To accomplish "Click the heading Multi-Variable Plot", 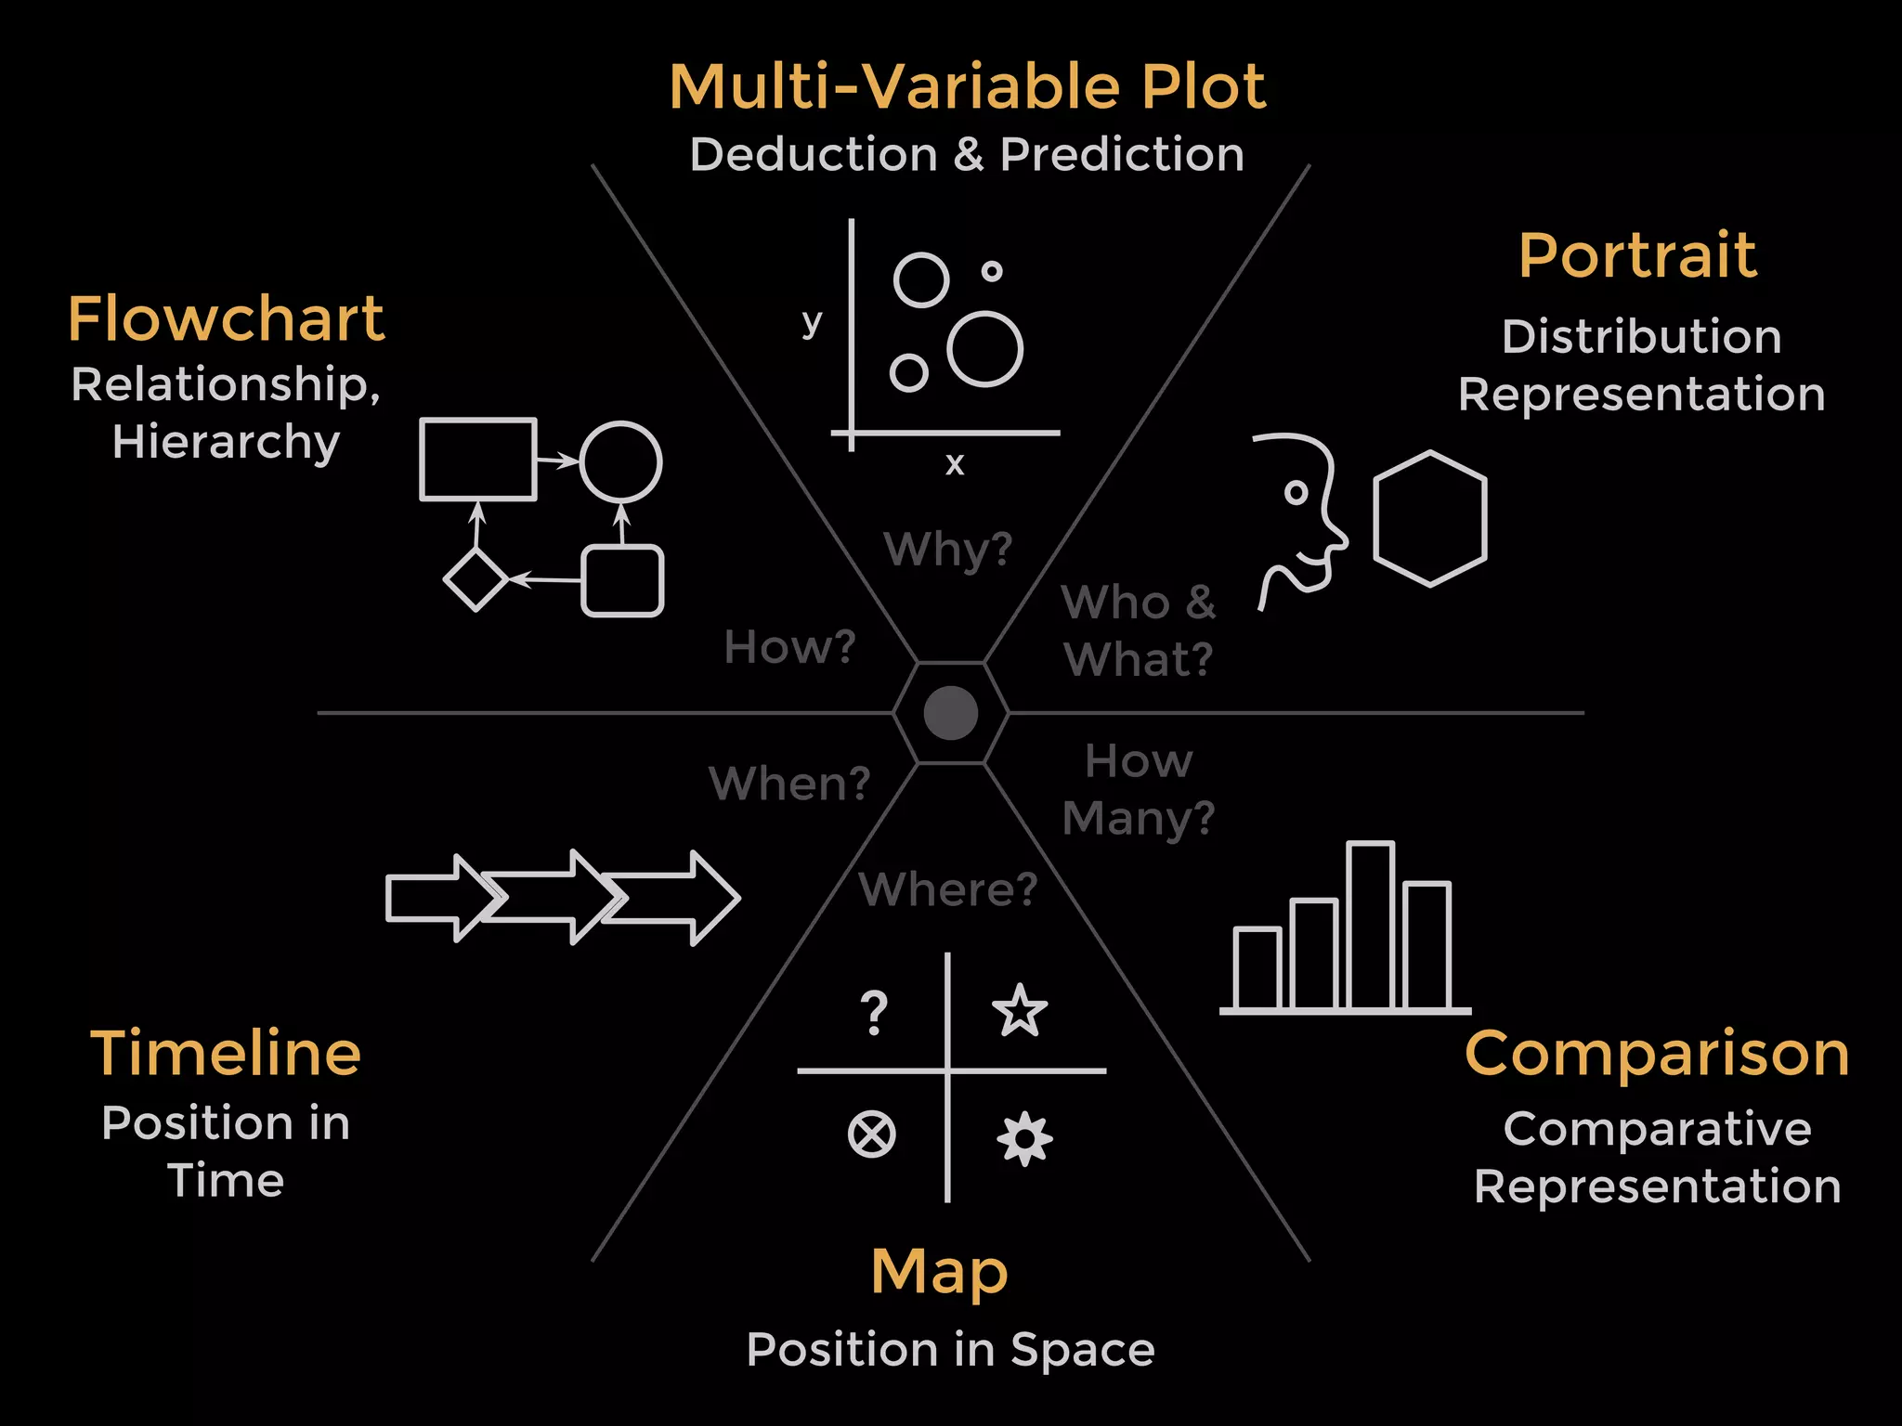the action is pyautogui.click(x=967, y=86).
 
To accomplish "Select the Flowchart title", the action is pyautogui.click(x=226, y=318).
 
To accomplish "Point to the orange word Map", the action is pyautogui.click(x=939, y=1272).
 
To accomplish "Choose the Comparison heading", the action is pyautogui.click(x=1657, y=1055).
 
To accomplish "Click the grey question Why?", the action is pyautogui.click(x=948, y=549).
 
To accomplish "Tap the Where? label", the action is pyautogui.click(x=948, y=889).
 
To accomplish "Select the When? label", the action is pyautogui.click(x=789, y=784).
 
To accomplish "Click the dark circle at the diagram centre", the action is pyautogui.click(x=951, y=713).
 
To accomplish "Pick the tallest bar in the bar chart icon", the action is pyautogui.click(x=1371, y=926).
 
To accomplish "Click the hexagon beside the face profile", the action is pyautogui.click(x=1430, y=518).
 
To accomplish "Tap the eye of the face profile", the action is pyautogui.click(x=1296, y=492).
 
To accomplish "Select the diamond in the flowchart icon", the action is pyautogui.click(x=475, y=579).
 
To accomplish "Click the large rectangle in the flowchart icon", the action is pyautogui.click(x=478, y=460).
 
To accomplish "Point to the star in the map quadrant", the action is pyautogui.click(x=1020, y=1010).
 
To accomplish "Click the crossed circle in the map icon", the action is pyautogui.click(x=872, y=1134).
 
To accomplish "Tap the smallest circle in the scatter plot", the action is pyautogui.click(x=992, y=271).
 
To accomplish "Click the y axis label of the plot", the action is pyautogui.click(x=812, y=322).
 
